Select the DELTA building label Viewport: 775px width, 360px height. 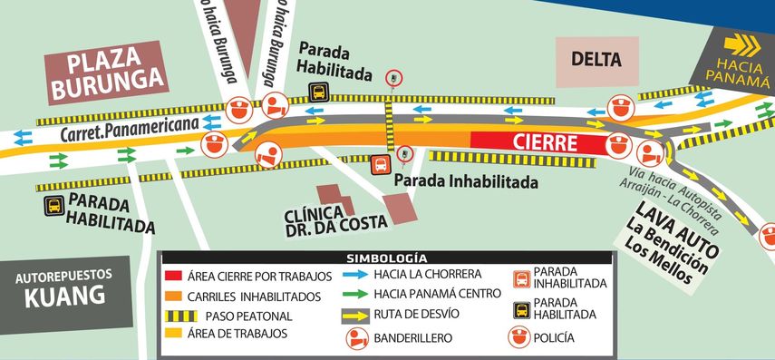(x=596, y=61)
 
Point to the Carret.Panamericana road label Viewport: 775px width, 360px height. (x=131, y=130)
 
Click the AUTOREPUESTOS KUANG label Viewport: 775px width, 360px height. (x=63, y=286)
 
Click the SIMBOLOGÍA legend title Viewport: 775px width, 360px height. (x=386, y=258)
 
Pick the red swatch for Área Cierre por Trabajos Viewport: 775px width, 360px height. (x=173, y=276)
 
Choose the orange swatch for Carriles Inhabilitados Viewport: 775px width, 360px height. (x=173, y=296)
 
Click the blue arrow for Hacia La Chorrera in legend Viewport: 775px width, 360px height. (x=361, y=274)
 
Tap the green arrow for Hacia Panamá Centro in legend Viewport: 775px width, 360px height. (x=361, y=294)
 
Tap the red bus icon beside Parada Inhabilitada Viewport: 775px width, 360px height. (x=382, y=164)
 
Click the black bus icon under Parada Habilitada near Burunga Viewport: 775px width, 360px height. (x=319, y=92)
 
